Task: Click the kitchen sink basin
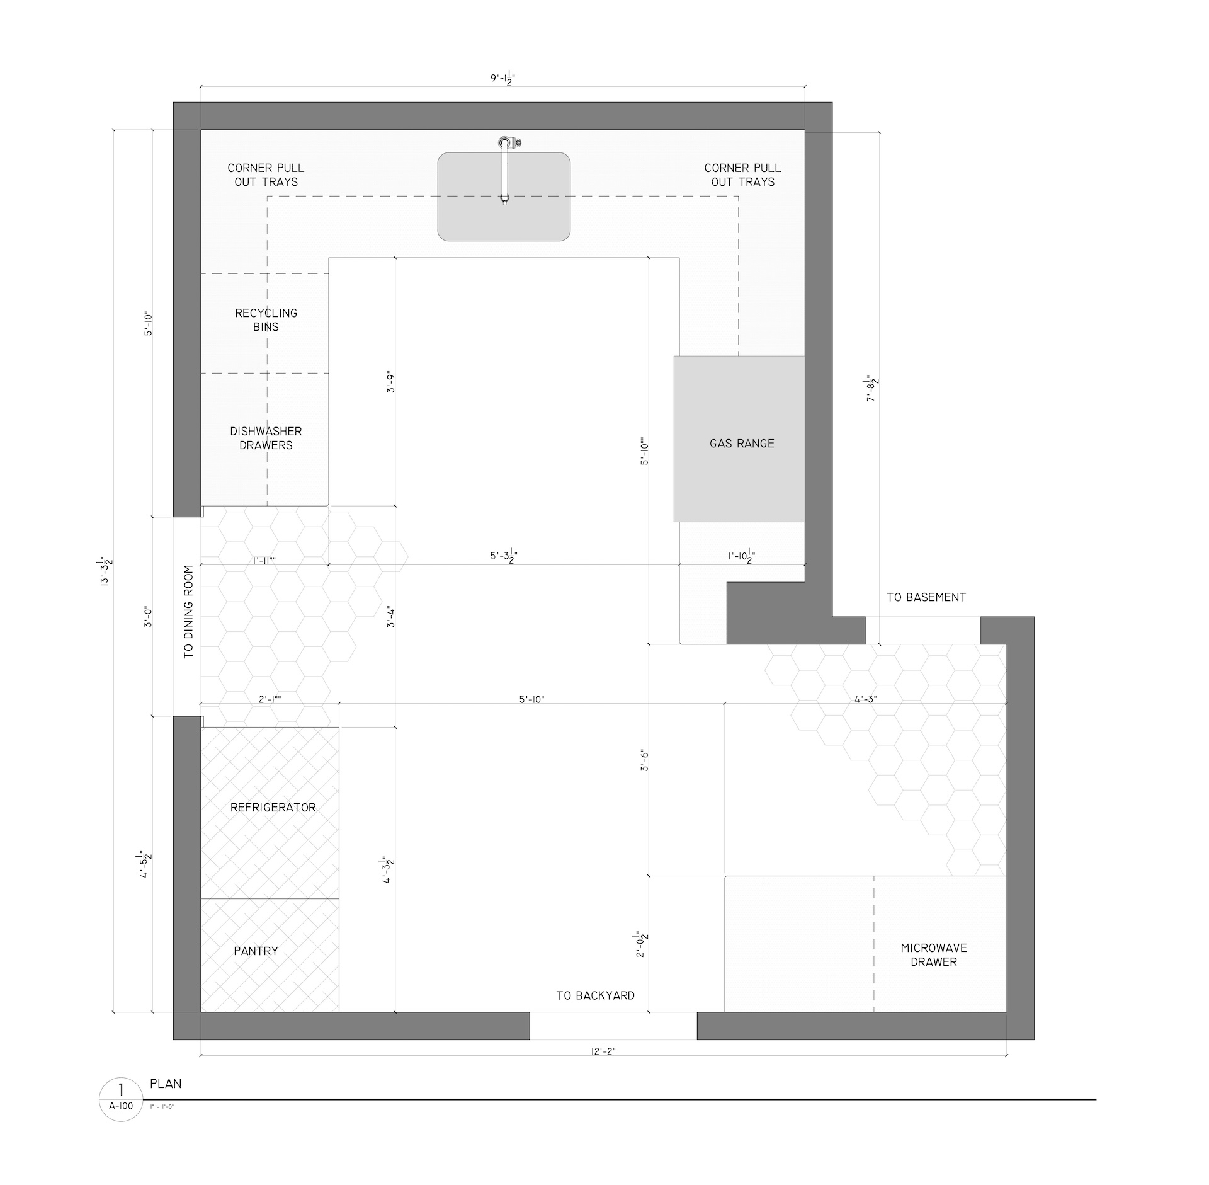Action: (x=504, y=197)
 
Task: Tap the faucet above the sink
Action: (x=506, y=169)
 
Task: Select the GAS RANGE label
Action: (x=742, y=444)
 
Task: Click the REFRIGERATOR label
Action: (x=273, y=808)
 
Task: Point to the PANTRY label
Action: (x=256, y=951)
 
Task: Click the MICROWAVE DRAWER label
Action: (x=934, y=955)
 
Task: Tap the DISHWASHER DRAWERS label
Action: (x=266, y=438)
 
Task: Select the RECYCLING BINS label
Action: (x=266, y=320)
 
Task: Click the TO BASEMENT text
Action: (x=926, y=597)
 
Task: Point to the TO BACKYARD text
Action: (x=595, y=996)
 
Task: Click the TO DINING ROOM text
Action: (x=189, y=612)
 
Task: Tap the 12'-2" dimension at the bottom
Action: (x=603, y=1051)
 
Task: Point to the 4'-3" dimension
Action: (x=866, y=699)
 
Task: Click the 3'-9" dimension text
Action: (x=391, y=382)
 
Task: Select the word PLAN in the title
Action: (x=166, y=1084)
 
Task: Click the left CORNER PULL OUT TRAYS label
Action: (x=266, y=175)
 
